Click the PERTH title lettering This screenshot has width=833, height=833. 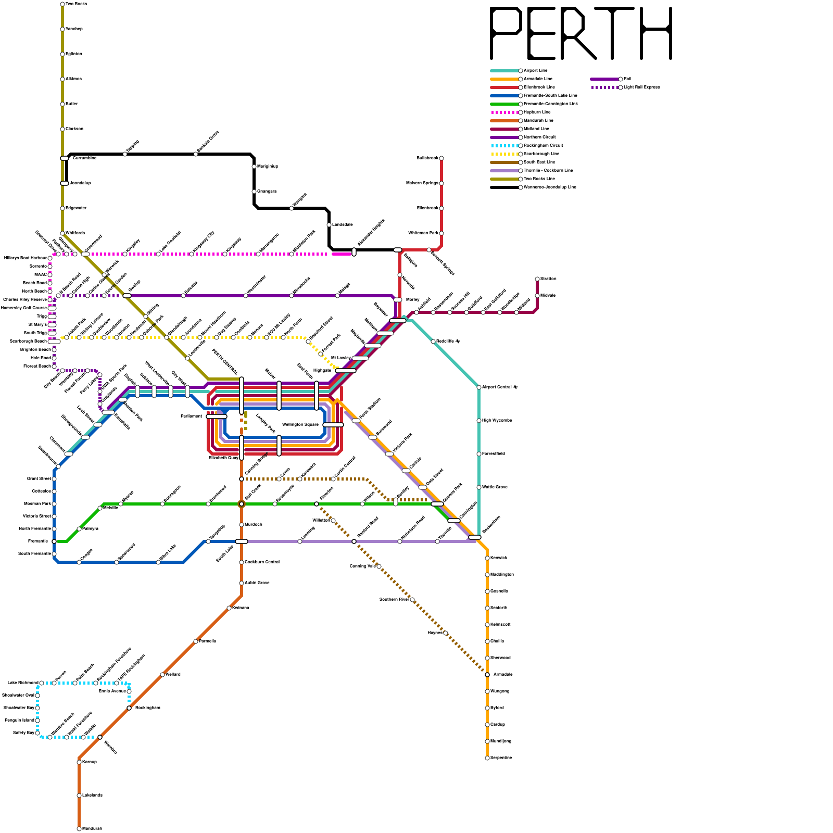[581, 33]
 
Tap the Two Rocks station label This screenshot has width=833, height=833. [77, 4]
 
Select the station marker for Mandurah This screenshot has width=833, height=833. [79, 829]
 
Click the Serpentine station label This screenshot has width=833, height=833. [501, 758]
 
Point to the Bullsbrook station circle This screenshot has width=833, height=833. [441, 158]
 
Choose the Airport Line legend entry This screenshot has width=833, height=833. [536, 71]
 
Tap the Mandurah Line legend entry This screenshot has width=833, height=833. [538, 121]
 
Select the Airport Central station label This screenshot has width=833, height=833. [500, 387]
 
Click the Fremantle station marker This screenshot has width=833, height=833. [54, 541]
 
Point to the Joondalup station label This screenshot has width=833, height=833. [80, 183]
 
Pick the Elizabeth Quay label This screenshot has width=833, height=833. [223, 458]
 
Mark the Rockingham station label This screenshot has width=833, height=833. [147, 708]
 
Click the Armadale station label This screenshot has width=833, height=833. [503, 675]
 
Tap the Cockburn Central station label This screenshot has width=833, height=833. [262, 562]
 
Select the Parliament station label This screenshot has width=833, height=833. [191, 416]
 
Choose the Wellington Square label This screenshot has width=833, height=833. [300, 425]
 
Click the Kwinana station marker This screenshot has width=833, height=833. [229, 608]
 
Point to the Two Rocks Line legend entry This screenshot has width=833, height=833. [539, 179]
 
